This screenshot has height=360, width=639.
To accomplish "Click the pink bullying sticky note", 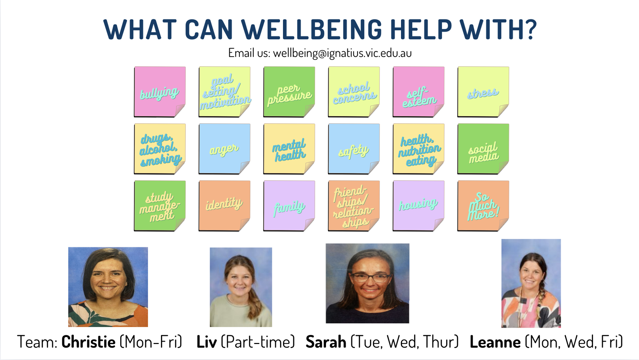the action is click(x=160, y=92).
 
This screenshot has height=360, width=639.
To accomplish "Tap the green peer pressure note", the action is click(x=289, y=92).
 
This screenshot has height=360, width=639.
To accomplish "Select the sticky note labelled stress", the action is click(x=483, y=92).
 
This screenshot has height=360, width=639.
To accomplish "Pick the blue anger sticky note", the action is click(x=224, y=149).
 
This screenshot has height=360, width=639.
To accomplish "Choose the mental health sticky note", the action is click(x=289, y=149).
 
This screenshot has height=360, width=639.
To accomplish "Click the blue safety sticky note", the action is click(x=354, y=149).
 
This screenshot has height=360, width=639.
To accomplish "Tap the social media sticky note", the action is click(x=483, y=149).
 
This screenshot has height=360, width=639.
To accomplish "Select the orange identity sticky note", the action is click(x=224, y=206).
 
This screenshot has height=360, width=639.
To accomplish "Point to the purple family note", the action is click(x=289, y=206).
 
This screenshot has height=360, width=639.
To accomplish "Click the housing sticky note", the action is click(x=419, y=206).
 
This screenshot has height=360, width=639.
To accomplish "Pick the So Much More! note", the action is click(x=483, y=206).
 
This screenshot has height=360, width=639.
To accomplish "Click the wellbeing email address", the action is click(x=342, y=53).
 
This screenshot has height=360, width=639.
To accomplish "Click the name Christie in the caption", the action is click(x=88, y=342).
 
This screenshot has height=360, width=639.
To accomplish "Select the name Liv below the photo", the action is click(x=207, y=342).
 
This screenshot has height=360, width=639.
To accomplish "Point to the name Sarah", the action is click(x=326, y=342).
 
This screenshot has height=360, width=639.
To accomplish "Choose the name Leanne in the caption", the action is click(x=495, y=342).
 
